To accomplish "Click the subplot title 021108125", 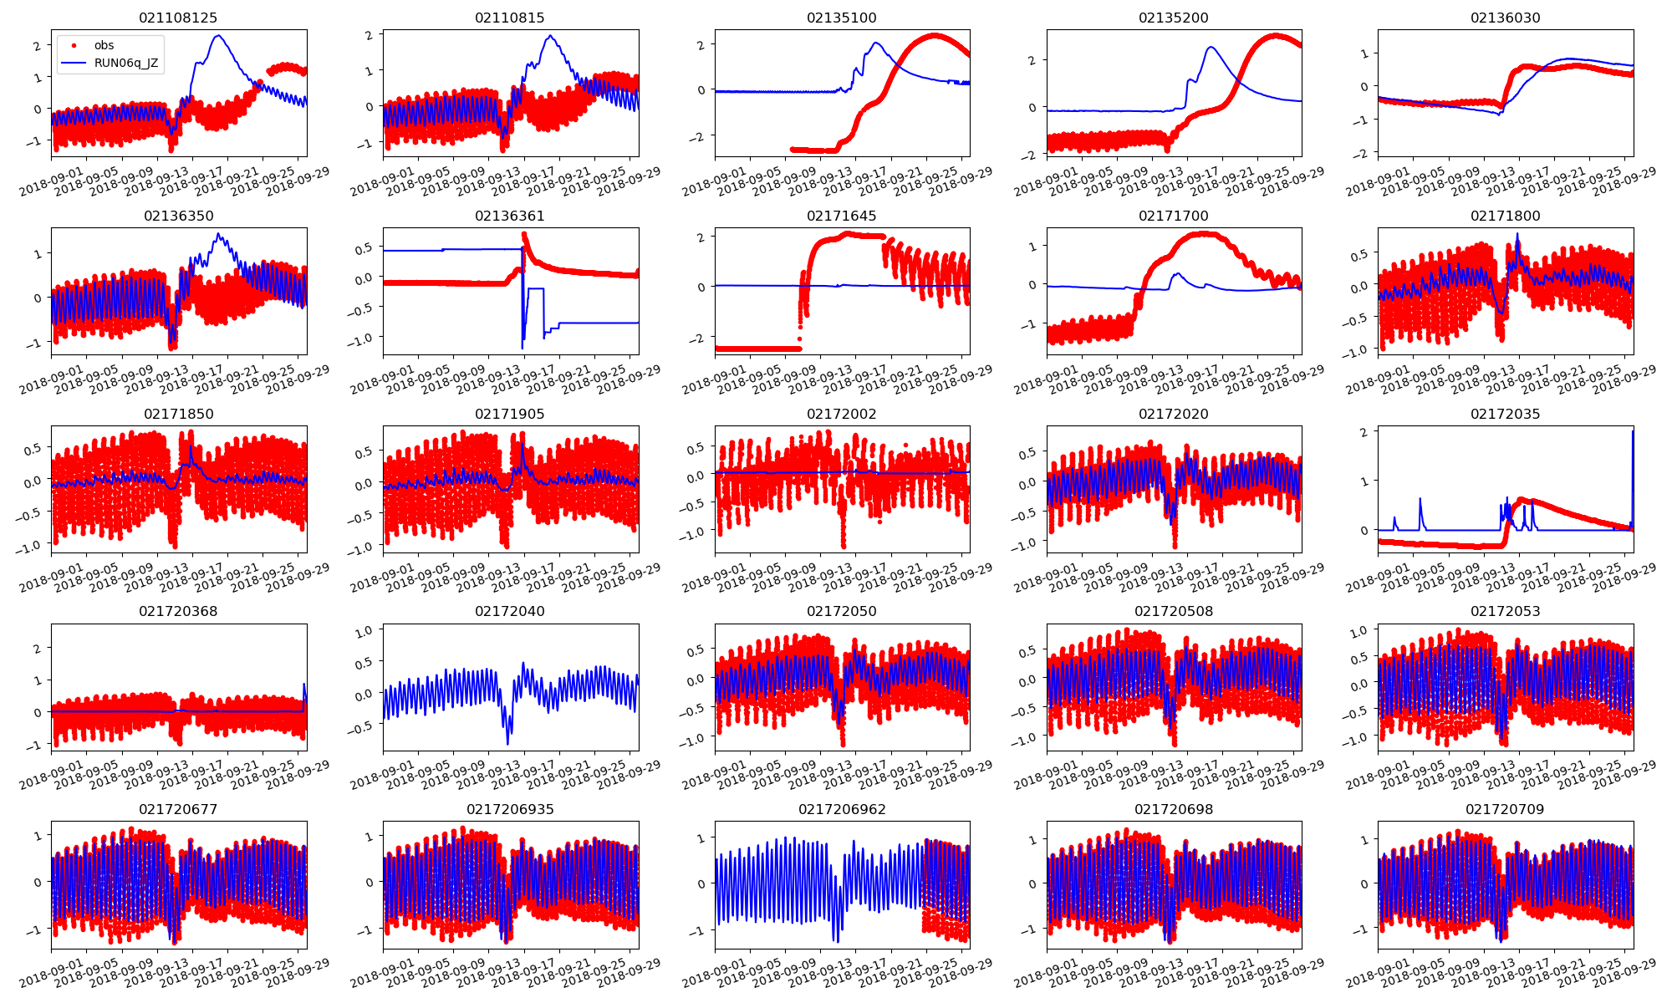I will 178,18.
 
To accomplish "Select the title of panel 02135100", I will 842,18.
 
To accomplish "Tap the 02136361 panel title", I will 510,216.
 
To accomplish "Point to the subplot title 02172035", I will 1505,414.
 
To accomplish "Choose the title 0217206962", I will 842,809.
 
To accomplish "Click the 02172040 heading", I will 510,611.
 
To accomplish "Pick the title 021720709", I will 1505,809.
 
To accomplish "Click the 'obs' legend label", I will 104,45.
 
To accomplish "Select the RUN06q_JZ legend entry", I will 126,63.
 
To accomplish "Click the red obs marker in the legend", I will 74,45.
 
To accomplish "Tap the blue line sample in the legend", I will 74,63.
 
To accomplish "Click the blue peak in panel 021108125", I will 218,36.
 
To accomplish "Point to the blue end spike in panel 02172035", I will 1633,432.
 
